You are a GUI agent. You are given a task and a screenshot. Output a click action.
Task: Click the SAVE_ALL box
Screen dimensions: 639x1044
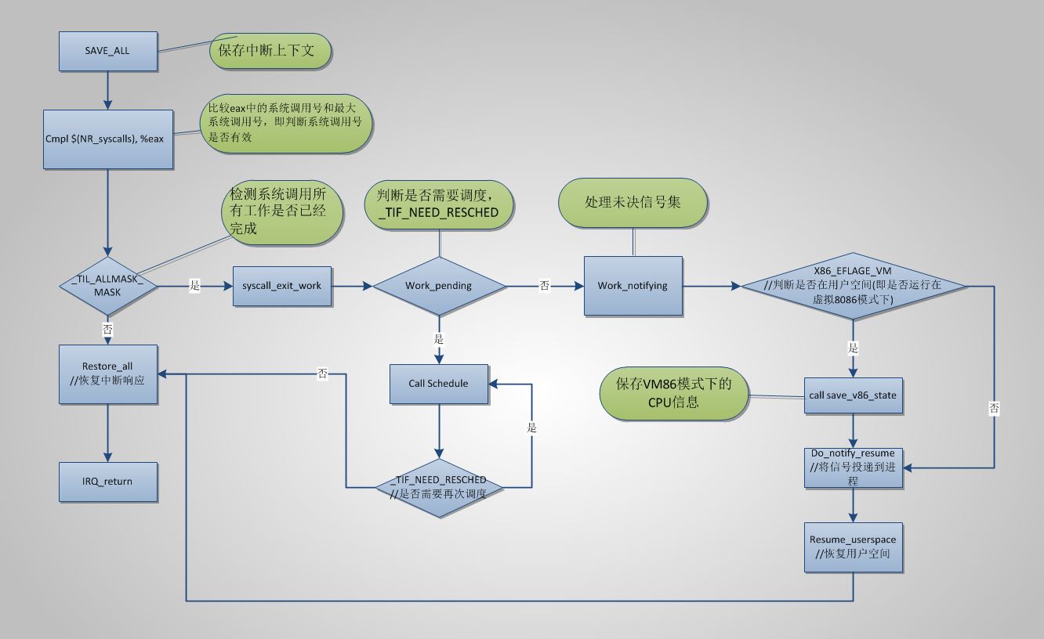108,51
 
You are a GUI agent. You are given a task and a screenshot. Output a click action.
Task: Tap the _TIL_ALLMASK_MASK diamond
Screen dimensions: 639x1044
108,287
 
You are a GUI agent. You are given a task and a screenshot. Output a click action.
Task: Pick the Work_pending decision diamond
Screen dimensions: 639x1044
439,286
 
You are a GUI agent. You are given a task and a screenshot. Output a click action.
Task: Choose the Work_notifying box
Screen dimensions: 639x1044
633,286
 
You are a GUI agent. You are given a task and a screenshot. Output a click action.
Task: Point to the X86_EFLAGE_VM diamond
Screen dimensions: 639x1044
854,287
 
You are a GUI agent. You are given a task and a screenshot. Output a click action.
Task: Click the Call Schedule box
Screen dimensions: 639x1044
439,384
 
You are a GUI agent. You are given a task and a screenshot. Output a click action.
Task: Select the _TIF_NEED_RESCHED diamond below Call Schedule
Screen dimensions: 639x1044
439,486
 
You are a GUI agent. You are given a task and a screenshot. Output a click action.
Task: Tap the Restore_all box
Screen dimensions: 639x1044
108,374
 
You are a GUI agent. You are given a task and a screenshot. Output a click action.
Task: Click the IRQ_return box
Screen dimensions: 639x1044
108,482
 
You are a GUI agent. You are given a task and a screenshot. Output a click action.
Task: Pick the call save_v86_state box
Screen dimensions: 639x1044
854,395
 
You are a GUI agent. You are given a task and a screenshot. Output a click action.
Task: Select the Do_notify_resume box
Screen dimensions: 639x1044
854,467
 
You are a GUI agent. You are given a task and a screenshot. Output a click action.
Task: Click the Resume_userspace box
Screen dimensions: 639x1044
854,547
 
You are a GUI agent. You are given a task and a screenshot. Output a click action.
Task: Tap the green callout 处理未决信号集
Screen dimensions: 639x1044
633,202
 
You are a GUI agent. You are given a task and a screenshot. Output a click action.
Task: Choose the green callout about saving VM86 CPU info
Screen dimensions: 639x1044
673,393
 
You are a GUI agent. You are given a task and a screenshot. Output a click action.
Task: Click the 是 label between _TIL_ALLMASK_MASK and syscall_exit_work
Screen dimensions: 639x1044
195,286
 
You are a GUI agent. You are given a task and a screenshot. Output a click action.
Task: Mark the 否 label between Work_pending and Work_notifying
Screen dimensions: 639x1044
544,286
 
